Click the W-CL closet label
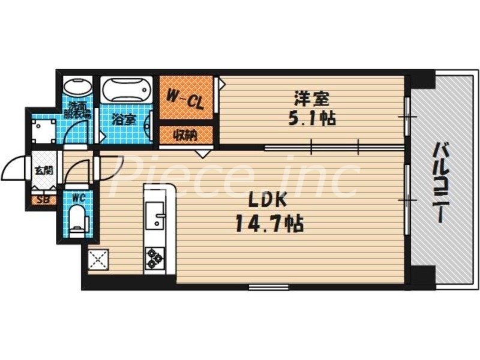(x=185, y=97)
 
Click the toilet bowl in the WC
(x=78, y=220)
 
